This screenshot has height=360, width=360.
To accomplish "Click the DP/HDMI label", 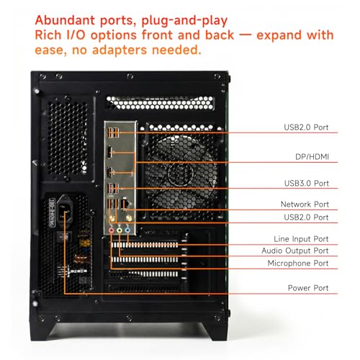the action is click(x=312, y=157).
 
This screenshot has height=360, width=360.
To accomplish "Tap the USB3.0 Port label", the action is click(x=306, y=184).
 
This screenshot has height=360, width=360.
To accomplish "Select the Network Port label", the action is click(x=305, y=204).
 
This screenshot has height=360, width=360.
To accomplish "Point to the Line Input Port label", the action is click(x=301, y=239).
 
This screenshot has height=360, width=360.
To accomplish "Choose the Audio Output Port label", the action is click(x=295, y=251).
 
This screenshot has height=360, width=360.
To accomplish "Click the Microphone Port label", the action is click(x=298, y=264).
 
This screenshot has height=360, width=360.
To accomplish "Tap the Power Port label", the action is click(x=308, y=288).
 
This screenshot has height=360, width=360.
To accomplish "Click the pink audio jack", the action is click(x=111, y=230).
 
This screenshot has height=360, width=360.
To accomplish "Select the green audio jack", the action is click(x=120, y=230).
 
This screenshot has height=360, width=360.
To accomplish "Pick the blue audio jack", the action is click(x=127, y=230).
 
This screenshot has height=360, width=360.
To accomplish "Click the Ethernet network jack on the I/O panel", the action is click(x=125, y=204).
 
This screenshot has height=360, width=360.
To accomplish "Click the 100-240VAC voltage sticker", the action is click(x=52, y=213).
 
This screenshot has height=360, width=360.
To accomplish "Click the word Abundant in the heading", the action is click(x=65, y=20).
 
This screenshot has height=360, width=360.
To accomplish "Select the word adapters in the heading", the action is click(x=120, y=50).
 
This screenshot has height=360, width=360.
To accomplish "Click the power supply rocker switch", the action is click(x=64, y=238).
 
